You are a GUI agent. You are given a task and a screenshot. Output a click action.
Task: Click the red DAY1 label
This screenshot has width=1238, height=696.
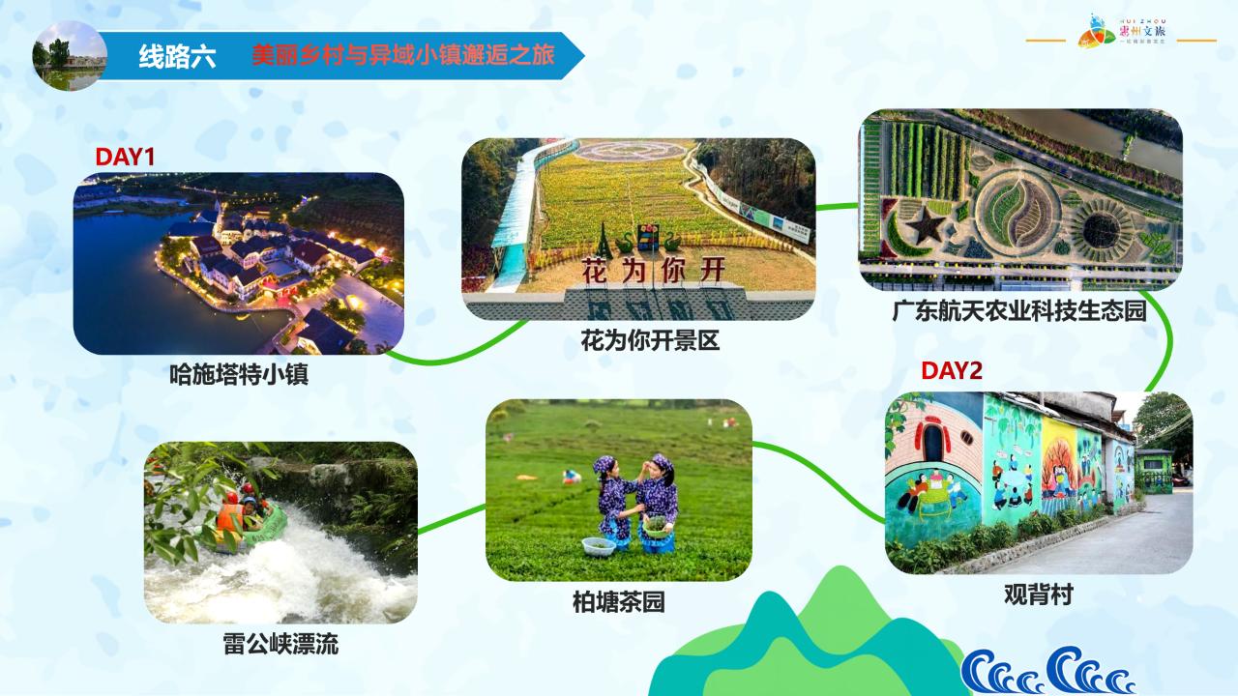(x=125, y=157)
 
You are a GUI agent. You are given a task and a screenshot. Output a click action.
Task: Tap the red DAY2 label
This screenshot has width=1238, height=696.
(x=951, y=370)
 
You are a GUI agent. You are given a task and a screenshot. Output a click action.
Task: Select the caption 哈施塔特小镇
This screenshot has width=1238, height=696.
(x=238, y=374)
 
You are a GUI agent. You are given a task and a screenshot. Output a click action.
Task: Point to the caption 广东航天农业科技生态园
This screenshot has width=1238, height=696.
(x=1018, y=311)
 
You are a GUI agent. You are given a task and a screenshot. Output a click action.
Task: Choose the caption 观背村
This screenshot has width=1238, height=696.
(x=1038, y=594)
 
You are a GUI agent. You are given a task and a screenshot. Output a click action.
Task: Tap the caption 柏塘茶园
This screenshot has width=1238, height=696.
(x=618, y=602)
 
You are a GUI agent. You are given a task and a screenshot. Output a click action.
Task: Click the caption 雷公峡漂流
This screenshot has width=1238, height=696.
(x=280, y=645)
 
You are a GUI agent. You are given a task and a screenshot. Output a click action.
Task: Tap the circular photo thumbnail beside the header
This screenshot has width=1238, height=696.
(x=70, y=56)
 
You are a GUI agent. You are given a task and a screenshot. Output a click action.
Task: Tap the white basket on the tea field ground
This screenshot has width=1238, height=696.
(x=598, y=546)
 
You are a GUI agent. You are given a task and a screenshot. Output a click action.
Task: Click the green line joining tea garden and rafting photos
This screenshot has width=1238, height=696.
(x=452, y=518)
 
